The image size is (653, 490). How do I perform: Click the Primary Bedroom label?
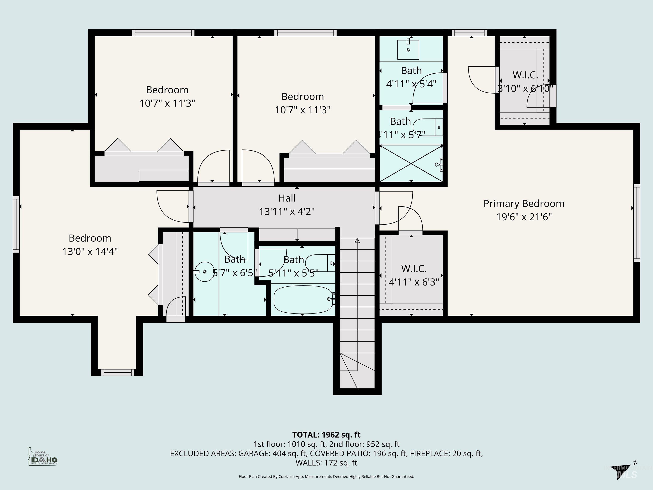tap(524, 204)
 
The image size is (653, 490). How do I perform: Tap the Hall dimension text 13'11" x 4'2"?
tap(287, 211)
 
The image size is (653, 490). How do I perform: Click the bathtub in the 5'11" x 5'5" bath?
tap(303, 299)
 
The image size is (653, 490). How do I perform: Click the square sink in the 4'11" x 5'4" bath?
tap(408, 50)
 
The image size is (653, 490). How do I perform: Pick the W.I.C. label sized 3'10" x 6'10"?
tap(525, 75)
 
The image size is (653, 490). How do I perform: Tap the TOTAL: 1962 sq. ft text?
tap(326, 435)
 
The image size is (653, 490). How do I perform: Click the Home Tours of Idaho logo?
tap(43, 457)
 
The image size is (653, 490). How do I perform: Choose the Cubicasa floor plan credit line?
tap(326, 476)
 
